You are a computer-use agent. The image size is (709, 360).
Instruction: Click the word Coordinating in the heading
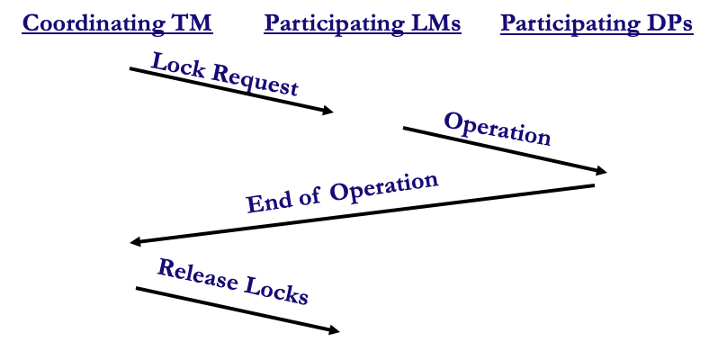pyautogui.click(x=94, y=23)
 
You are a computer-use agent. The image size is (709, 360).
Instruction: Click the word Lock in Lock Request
pyautogui.click(x=178, y=65)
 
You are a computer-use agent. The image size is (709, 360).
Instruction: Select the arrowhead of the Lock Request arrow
pyautogui.click(x=328, y=110)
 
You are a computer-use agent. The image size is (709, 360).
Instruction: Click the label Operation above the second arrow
pyautogui.click(x=498, y=130)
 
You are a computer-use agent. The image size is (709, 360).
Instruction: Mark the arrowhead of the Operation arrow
pyautogui.click(x=601, y=170)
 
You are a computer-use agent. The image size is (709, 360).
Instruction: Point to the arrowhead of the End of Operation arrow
pyautogui.click(x=136, y=242)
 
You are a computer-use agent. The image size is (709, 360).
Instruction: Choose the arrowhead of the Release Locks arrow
pyautogui.click(x=334, y=330)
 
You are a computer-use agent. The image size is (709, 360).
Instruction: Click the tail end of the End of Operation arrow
pyautogui.click(x=594, y=185)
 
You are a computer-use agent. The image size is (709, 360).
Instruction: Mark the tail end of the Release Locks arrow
pyautogui.click(x=137, y=288)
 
